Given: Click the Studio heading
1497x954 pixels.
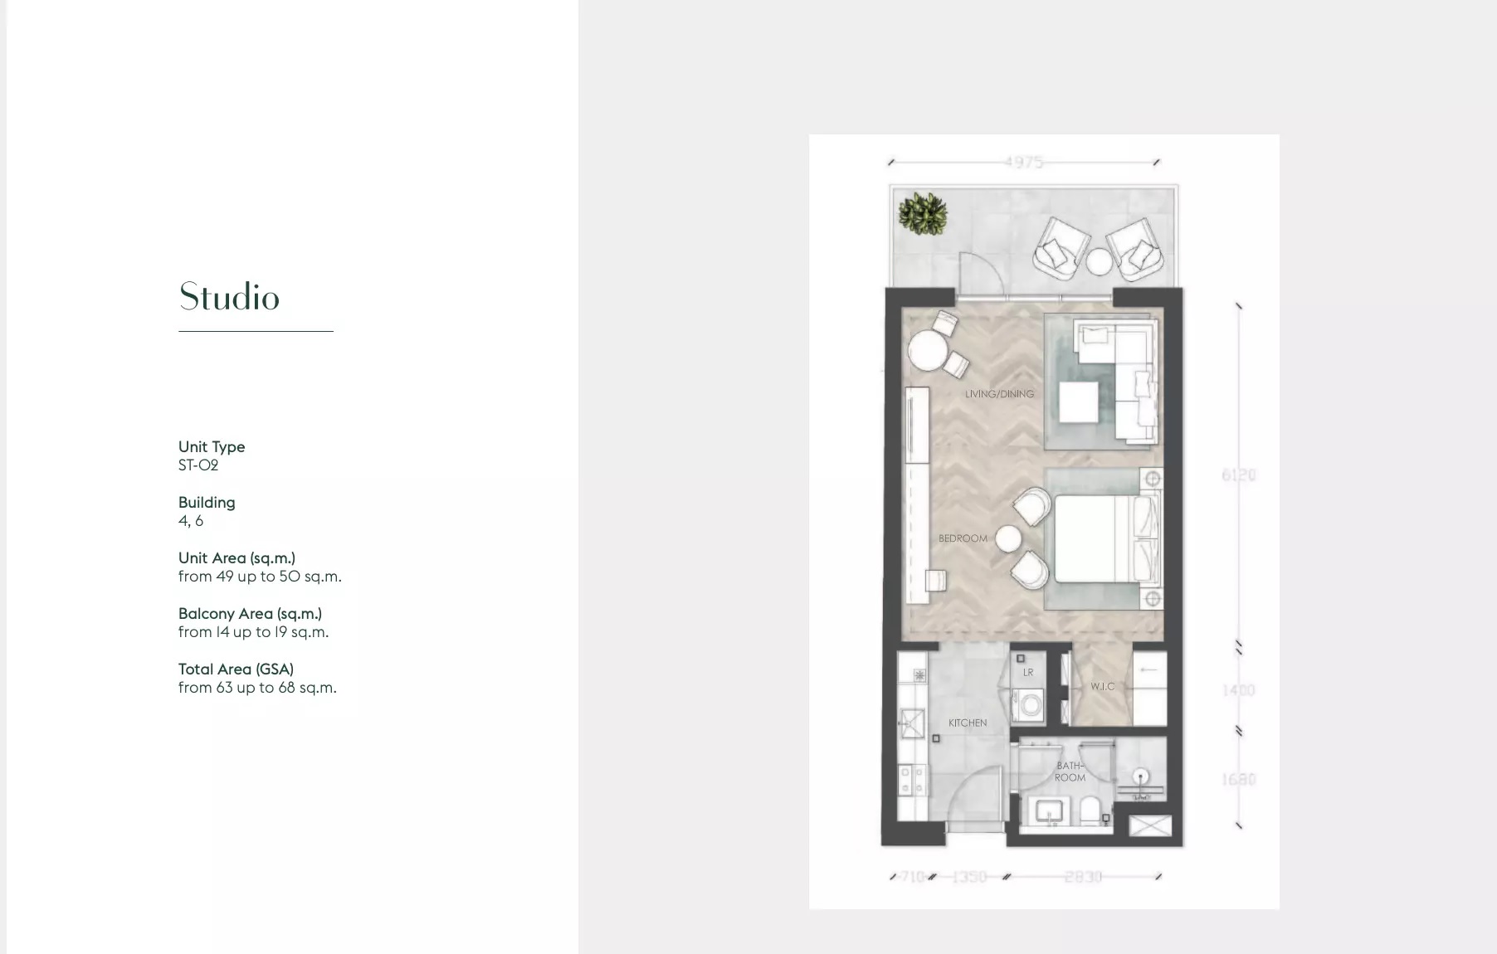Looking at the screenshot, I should [229, 297].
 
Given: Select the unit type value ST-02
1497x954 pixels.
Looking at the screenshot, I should [198, 465].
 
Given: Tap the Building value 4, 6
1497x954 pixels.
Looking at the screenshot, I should [191, 521].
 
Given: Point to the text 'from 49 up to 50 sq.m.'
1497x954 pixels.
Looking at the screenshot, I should [260, 577].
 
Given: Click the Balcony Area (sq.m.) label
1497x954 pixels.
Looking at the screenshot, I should [250, 614].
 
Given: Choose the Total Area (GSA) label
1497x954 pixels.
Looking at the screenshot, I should [236, 669].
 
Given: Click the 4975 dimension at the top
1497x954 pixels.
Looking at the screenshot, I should [1023, 162].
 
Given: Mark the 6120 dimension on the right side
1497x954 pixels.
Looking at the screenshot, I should [1238, 475].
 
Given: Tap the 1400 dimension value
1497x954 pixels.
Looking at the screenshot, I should [1238, 690].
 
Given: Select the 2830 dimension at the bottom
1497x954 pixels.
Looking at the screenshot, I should [1083, 877].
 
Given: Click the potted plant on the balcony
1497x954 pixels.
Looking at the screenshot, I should [923, 213].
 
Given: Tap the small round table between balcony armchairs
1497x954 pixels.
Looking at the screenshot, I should [1100, 261].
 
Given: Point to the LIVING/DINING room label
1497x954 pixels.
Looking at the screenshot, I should [999, 394].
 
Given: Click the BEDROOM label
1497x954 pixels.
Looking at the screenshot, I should [963, 538].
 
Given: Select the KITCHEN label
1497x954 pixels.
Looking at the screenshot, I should [968, 723].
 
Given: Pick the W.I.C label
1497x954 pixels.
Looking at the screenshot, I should [1102, 687].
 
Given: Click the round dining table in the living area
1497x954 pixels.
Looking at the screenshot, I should [927, 351].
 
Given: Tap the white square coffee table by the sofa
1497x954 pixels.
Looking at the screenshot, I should [1079, 403].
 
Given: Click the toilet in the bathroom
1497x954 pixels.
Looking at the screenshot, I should [1090, 810].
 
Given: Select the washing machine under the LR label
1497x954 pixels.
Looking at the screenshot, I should [1030, 707].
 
